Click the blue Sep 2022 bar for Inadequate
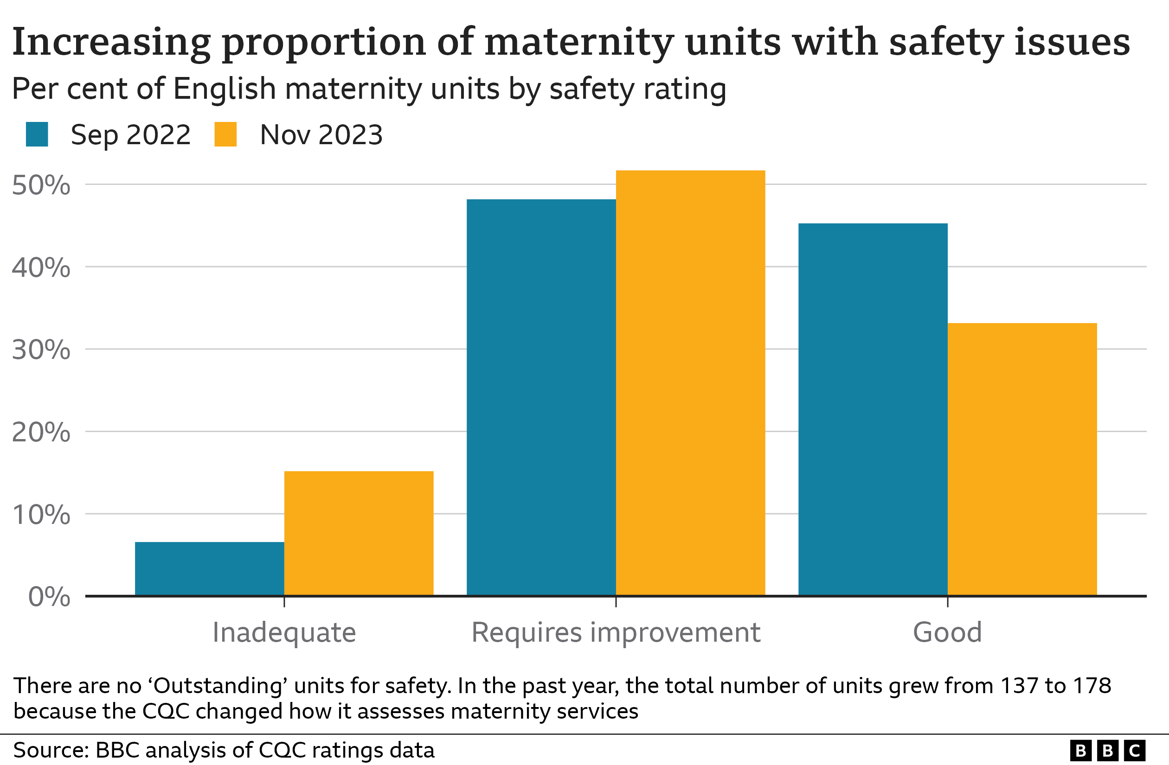coord(209,568)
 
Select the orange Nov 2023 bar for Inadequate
coord(359,533)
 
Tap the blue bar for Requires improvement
coord(541,397)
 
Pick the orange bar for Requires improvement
coord(690,383)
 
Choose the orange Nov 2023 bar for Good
coord(1021,459)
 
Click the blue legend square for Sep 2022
coord(37,134)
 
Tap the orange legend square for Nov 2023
coord(225,134)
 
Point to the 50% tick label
coord(41,185)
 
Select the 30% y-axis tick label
coord(41,350)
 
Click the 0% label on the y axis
coord(49,597)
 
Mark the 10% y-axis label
coord(41,515)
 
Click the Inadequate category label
coord(284,632)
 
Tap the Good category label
coord(947,632)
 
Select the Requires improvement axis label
coord(616,632)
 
